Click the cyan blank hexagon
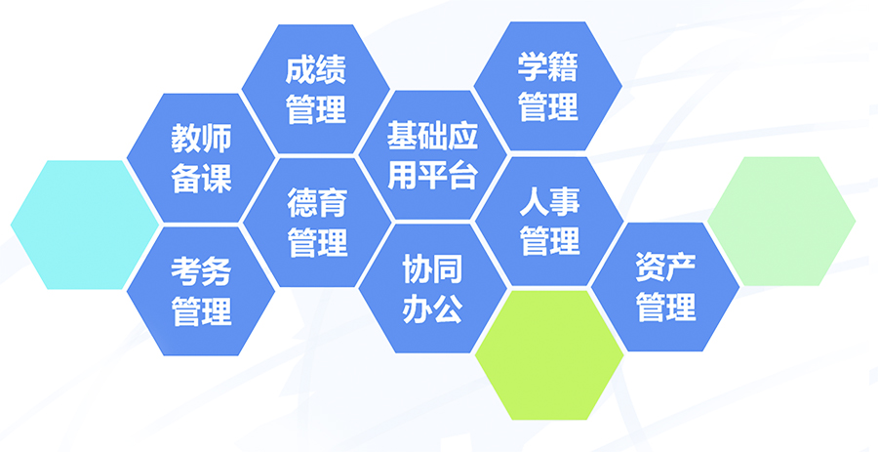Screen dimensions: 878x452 [85, 225]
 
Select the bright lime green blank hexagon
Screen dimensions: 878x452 [548, 354]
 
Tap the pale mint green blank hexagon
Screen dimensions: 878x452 [781, 222]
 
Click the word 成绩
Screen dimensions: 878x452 [316, 69]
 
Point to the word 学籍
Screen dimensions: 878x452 [547, 67]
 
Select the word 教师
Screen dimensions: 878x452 [201, 139]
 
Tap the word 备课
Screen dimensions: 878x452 [201, 179]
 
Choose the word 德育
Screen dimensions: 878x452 [317, 203]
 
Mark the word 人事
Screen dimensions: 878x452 [549, 201]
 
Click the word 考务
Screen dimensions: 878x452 [201, 271]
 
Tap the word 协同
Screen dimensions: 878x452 [433, 268]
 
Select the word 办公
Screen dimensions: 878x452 [433, 308]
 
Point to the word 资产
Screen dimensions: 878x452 [665, 267]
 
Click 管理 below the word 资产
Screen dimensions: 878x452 [665, 308]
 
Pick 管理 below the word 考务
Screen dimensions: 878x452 [201, 311]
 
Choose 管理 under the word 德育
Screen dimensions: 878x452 [317, 243]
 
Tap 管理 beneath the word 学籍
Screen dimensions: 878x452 [547, 107]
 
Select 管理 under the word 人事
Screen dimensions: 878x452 [549, 241]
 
